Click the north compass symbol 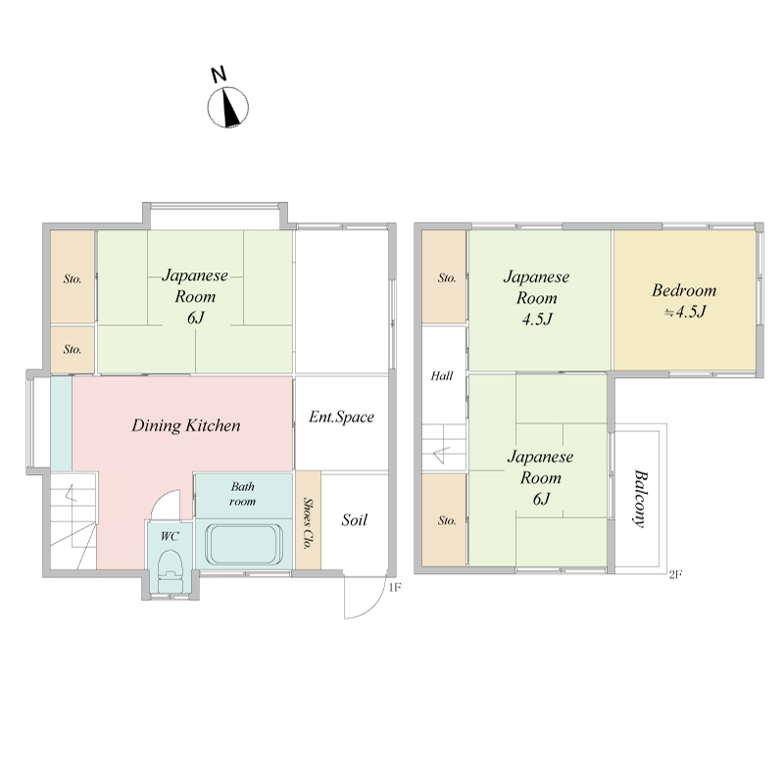(x=228, y=107)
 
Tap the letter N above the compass (x=219, y=74)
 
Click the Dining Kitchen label (x=186, y=425)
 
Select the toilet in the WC (x=171, y=571)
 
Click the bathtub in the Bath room (x=244, y=545)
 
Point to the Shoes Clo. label (x=308, y=523)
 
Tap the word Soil (x=355, y=520)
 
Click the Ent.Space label (x=341, y=417)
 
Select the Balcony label (x=640, y=498)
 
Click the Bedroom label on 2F (x=684, y=290)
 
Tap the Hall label (x=442, y=375)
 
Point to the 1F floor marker (x=395, y=587)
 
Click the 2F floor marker (x=675, y=574)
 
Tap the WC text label (x=170, y=536)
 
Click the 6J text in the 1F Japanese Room (x=195, y=318)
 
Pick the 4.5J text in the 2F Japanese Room (x=537, y=319)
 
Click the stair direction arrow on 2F (x=442, y=454)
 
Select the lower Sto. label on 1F (x=73, y=349)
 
